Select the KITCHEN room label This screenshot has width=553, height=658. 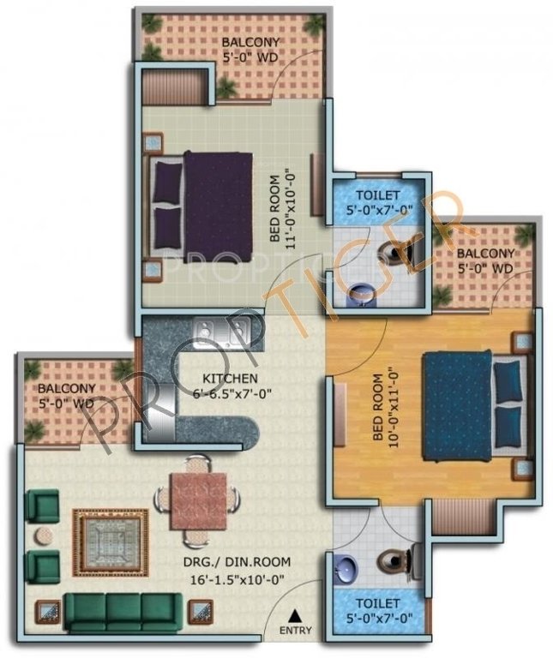(x=225, y=379)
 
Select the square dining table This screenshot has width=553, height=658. (x=198, y=499)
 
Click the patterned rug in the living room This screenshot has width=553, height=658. (x=110, y=542)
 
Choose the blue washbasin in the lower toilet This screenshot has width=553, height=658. (x=346, y=565)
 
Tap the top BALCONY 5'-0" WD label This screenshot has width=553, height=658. (x=249, y=50)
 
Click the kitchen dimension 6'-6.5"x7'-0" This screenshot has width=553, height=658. (x=225, y=395)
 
